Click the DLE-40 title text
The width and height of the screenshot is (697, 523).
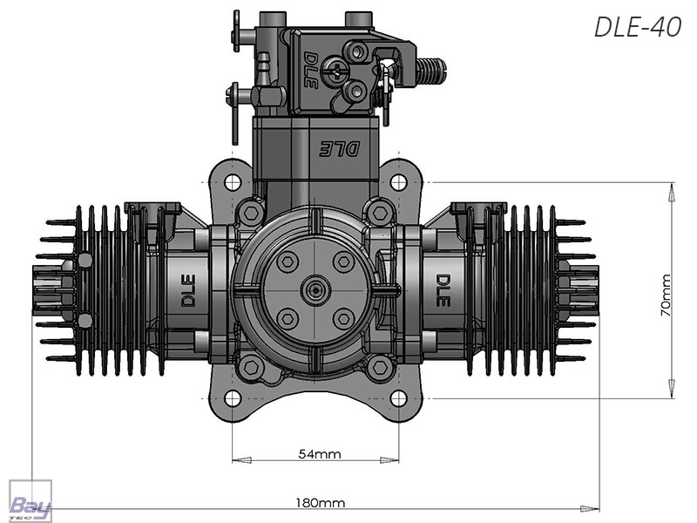[x=638, y=27]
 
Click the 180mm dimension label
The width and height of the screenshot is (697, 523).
[x=320, y=503]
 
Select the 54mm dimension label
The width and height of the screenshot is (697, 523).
[x=320, y=454]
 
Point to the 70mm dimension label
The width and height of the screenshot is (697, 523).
[x=666, y=295]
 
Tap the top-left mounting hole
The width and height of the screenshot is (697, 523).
[x=233, y=182]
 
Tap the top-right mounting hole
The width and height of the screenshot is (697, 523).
[x=398, y=182]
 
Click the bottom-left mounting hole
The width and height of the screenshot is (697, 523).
[x=233, y=398]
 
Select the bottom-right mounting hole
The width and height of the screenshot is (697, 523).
[x=398, y=398]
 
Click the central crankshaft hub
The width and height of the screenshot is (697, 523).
[x=315, y=290]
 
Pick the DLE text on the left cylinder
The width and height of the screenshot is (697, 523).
[x=188, y=290]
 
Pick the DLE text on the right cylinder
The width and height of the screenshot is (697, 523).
[x=443, y=290]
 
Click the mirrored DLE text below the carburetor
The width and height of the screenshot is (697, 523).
[x=339, y=149]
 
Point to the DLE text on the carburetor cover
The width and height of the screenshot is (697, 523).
[x=311, y=70]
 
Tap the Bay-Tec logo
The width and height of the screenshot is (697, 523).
[x=30, y=501]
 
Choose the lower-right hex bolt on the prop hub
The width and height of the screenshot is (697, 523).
[x=343, y=319]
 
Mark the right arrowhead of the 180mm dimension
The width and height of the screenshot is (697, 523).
[x=590, y=508]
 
